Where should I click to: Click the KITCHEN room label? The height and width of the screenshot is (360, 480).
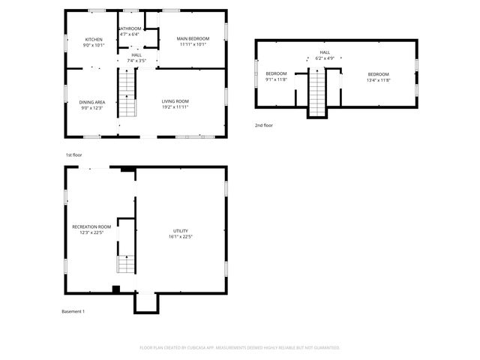pos(94,39)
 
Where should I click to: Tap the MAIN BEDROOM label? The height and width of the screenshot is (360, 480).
pos(193,39)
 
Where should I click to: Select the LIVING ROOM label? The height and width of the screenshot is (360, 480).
pos(175,101)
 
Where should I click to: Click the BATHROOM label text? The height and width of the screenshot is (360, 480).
pos(130,29)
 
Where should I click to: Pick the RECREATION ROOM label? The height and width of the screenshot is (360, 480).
pos(91,226)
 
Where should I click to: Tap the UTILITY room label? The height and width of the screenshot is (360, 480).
pos(180,230)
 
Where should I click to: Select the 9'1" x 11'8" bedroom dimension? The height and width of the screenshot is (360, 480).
pos(276,79)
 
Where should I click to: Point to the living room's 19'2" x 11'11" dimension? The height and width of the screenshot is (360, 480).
pos(175,107)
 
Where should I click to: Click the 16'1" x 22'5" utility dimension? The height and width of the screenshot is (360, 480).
pos(180,237)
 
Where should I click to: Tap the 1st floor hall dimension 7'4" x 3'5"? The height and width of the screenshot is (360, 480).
pos(136,60)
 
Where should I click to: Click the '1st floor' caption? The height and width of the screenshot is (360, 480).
pos(73,154)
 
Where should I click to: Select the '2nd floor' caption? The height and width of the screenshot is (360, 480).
pos(264,125)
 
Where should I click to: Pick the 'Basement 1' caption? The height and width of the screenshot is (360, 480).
pos(73,311)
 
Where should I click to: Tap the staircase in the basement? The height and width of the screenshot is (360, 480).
pos(126,262)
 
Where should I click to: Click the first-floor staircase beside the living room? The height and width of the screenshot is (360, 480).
pos(127,94)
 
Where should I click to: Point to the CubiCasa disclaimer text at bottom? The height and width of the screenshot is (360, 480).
pos(240,347)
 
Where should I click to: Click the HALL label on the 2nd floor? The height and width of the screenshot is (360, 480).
pos(325,52)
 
